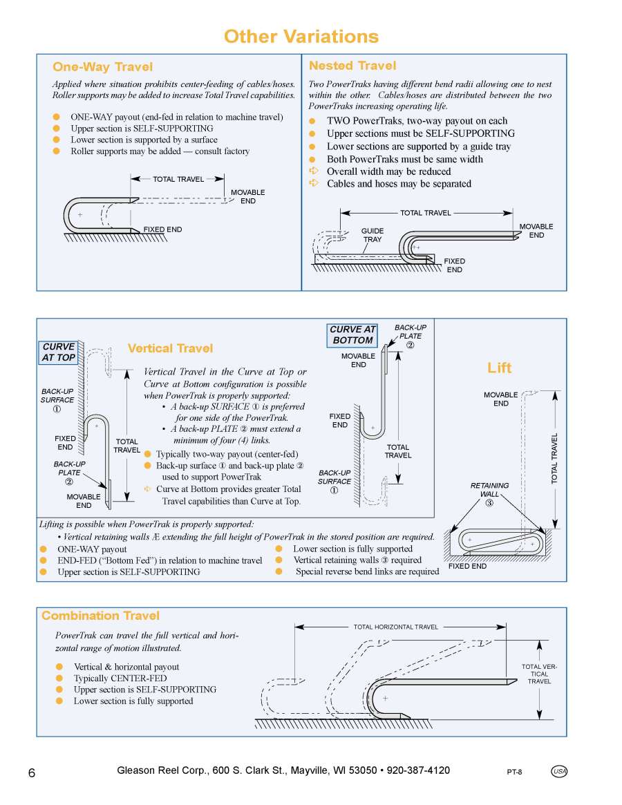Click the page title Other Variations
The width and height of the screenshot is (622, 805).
(x=301, y=37)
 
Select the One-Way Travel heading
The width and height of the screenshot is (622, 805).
(x=102, y=67)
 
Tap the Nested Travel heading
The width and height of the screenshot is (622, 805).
(x=352, y=66)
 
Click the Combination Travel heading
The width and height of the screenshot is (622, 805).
(x=100, y=616)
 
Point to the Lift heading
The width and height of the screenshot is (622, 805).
(x=500, y=368)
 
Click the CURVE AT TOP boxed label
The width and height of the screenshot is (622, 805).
(x=59, y=352)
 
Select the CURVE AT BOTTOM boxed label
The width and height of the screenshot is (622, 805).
(x=352, y=335)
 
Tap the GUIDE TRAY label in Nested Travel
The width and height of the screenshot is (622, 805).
(x=373, y=235)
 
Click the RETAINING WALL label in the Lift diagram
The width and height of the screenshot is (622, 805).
(x=489, y=489)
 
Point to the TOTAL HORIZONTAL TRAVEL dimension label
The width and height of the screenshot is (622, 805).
(x=396, y=627)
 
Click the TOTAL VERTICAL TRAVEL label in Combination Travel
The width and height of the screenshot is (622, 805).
(x=539, y=674)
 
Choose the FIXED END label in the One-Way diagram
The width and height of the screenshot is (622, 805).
(x=162, y=229)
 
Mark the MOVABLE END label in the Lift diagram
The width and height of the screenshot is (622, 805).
(x=500, y=399)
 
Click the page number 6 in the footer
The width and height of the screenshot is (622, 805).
(x=32, y=773)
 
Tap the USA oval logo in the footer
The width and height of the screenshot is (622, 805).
(x=559, y=772)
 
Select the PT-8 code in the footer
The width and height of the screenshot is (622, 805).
(x=514, y=773)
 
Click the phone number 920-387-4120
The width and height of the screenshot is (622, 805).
(x=418, y=770)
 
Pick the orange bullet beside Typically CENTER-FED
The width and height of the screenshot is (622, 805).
(x=59, y=679)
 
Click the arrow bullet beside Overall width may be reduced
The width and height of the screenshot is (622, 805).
(x=312, y=171)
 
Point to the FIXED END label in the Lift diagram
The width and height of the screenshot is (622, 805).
(x=467, y=566)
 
